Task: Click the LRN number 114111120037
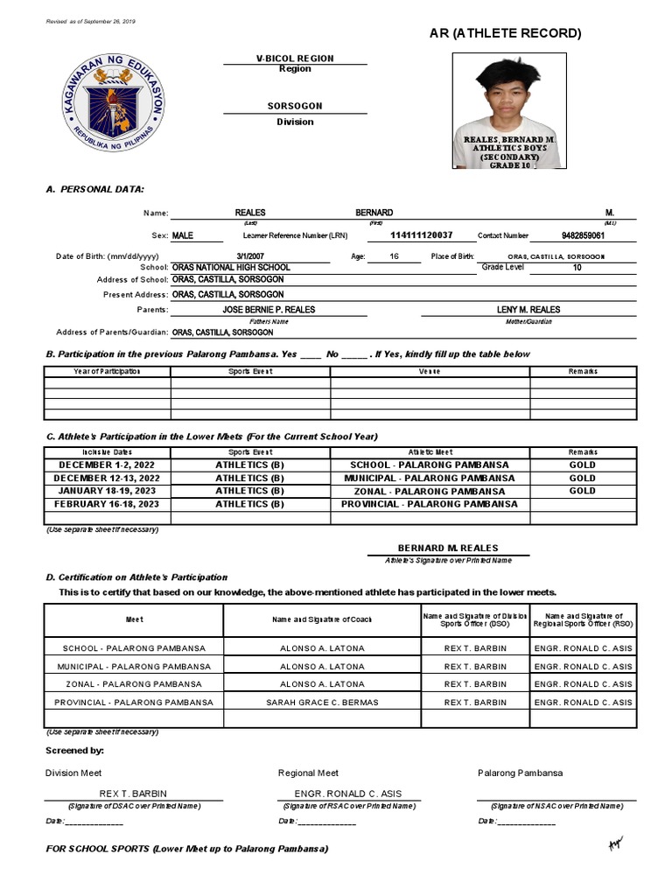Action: [421, 235]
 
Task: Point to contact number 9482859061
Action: [582, 235]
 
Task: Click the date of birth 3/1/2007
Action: [249, 256]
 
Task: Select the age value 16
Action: [393, 256]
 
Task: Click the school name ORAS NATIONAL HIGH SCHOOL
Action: [231, 267]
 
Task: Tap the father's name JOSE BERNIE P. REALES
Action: [269, 310]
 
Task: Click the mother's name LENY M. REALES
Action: [528, 310]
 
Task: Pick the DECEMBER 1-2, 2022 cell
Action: [107, 465]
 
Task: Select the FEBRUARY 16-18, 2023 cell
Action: [107, 504]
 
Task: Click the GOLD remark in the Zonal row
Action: [582, 491]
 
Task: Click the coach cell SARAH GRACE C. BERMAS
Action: [321, 703]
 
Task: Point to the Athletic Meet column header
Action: [429, 452]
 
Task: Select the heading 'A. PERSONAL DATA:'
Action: [94, 189]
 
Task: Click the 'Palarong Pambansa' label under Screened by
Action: [520, 773]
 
